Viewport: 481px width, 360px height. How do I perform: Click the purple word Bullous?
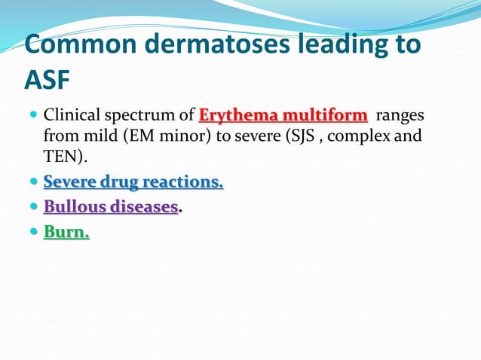[x=74, y=207]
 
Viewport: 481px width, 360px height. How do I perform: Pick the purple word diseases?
[x=144, y=207]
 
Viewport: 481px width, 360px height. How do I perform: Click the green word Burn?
[x=65, y=232]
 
